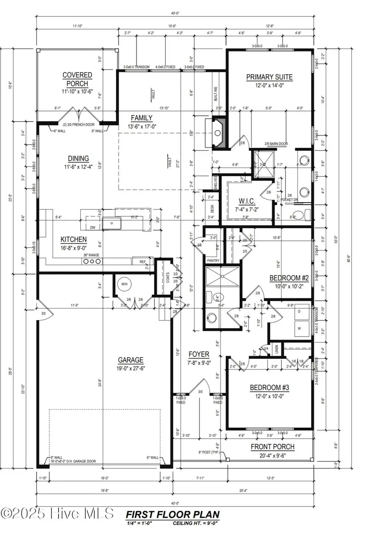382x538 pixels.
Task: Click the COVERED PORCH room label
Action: (77, 79)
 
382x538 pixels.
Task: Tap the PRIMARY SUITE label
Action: (269, 77)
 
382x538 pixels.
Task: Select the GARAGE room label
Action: (130, 360)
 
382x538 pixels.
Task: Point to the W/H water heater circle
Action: (125, 284)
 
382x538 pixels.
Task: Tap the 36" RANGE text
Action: (91, 254)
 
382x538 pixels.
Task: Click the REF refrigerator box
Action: (143, 262)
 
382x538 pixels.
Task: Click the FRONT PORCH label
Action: (272, 447)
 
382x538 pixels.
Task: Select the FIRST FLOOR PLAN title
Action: (172, 515)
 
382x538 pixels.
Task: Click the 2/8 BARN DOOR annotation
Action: (276, 144)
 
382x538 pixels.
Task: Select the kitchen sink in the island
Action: (112, 223)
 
